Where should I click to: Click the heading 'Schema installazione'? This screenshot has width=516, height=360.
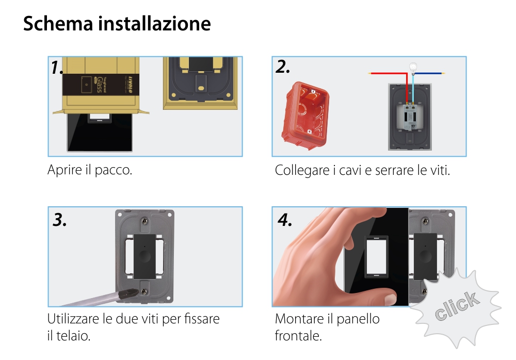(117, 24)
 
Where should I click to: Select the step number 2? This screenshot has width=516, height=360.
(283, 67)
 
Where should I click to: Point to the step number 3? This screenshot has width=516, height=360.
(60, 220)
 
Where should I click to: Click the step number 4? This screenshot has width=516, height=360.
(285, 220)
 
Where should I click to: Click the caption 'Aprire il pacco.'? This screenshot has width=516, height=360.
(90, 170)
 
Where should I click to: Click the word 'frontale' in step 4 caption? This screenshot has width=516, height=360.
(298, 336)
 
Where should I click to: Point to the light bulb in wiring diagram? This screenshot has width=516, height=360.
(412, 67)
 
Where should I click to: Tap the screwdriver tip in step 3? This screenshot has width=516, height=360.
(126, 294)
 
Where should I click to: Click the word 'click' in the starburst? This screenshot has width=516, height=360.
(456, 306)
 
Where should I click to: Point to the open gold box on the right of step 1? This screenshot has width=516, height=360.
(202, 83)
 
